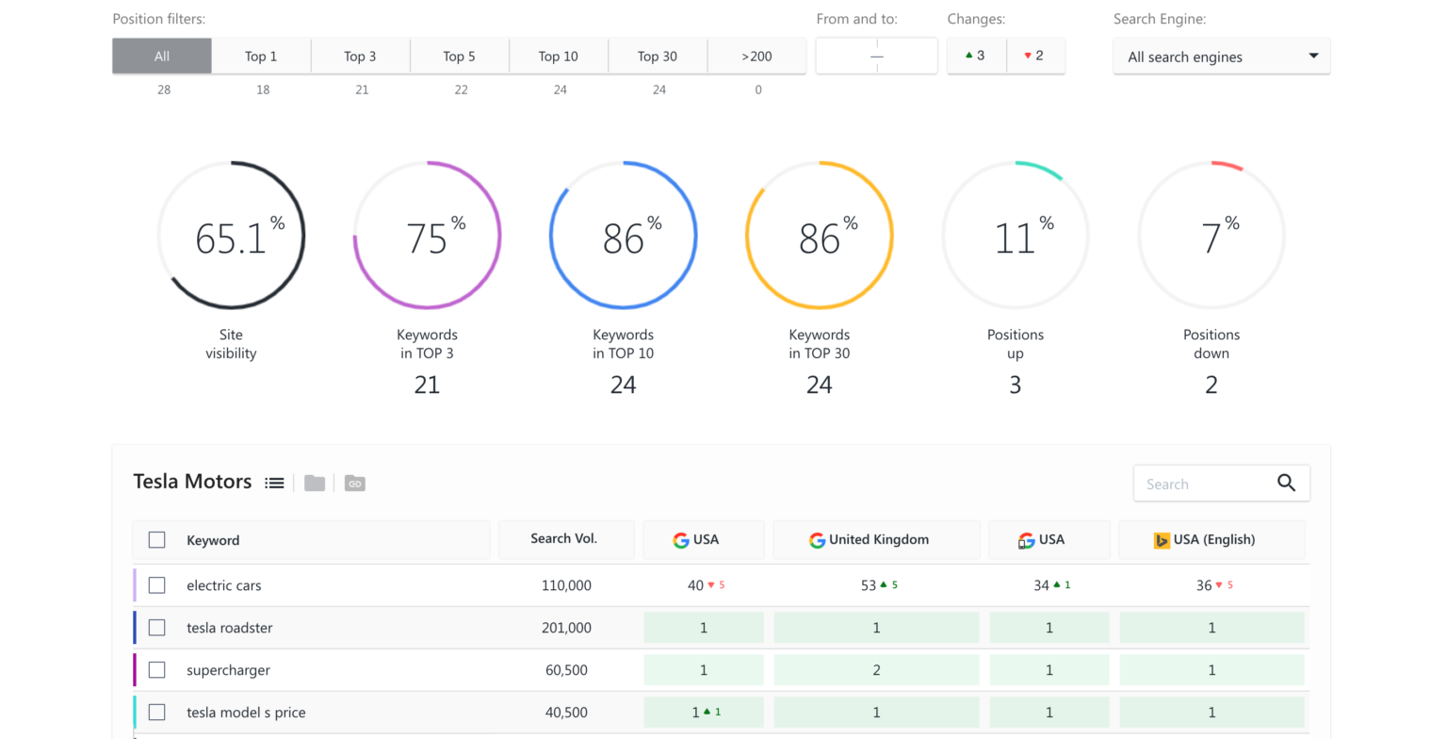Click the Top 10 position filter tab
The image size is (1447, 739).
click(559, 57)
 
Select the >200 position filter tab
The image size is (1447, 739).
click(756, 57)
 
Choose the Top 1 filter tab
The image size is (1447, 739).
click(261, 57)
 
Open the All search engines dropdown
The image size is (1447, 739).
click(1221, 57)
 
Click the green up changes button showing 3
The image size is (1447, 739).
click(976, 56)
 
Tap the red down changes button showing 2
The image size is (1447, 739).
click(1034, 56)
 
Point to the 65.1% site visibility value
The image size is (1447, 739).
click(232, 238)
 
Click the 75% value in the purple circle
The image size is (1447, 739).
click(428, 238)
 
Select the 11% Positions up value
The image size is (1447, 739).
click(1016, 238)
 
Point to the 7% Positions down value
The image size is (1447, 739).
click(1211, 238)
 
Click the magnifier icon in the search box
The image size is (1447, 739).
click(1286, 484)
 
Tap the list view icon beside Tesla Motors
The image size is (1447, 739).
click(274, 483)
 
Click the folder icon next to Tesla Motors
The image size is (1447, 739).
click(315, 483)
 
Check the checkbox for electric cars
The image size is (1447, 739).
click(157, 585)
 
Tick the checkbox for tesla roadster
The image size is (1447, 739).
click(157, 628)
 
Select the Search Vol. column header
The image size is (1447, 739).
click(563, 539)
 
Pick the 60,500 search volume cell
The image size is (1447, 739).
click(566, 670)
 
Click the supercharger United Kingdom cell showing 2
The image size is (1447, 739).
click(876, 670)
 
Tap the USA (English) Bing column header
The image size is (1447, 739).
click(1211, 540)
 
